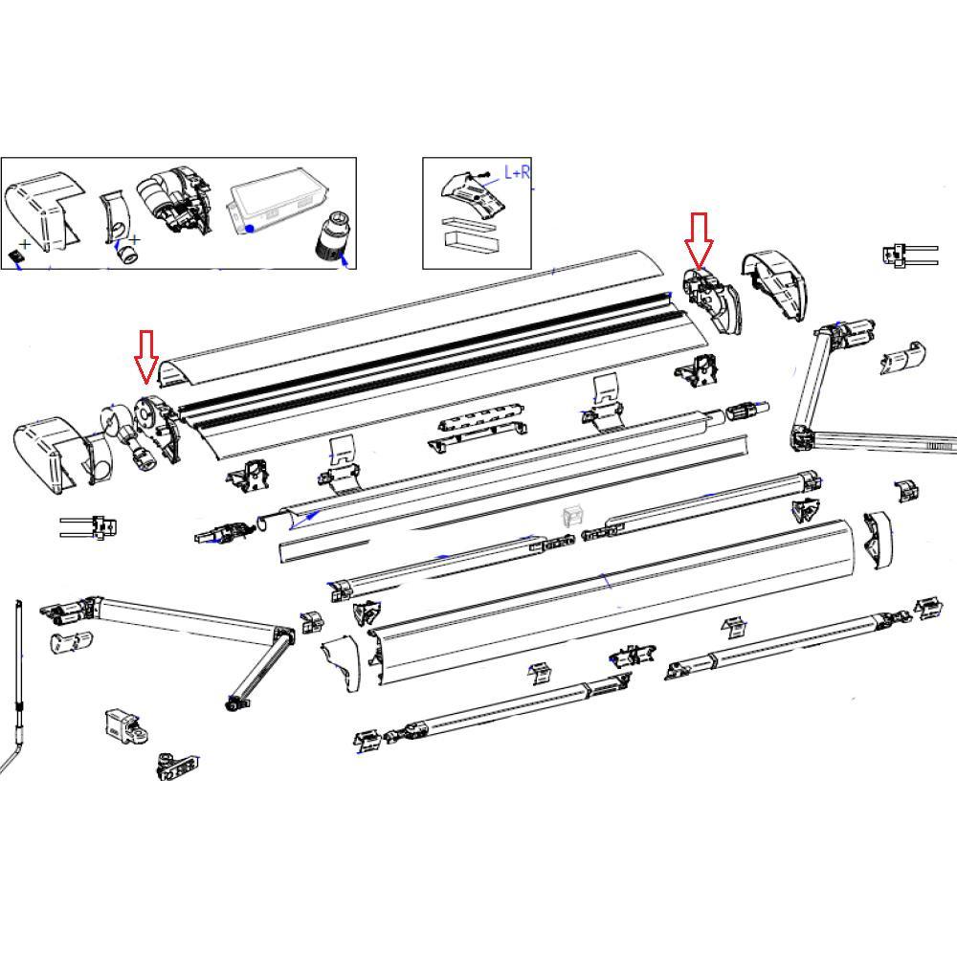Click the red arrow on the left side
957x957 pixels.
[x=145, y=354]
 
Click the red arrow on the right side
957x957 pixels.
[x=699, y=239]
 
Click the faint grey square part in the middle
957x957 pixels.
[x=573, y=518]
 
